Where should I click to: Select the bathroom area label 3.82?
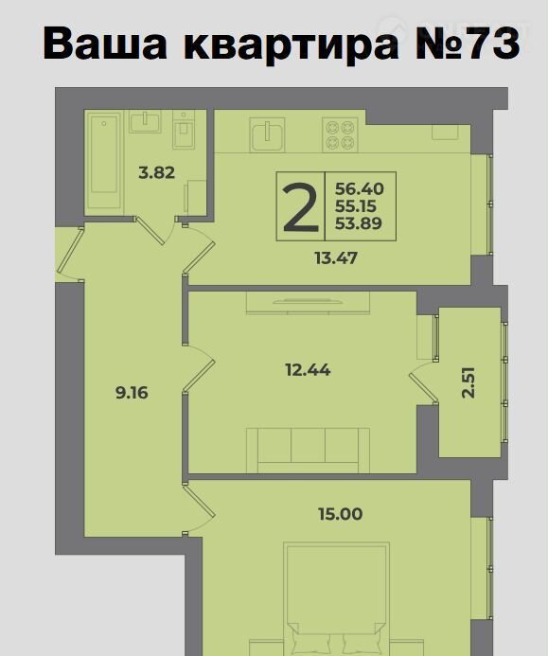(x=156, y=172)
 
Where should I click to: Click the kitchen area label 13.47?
(x=336, y=258)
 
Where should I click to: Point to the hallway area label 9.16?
(x=132, y=393)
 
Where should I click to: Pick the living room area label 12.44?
(x=308, y=370)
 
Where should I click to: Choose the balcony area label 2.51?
(x=468, y=382)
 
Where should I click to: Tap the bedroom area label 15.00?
(x=341, y=514)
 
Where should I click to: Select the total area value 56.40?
(x=360, y=189)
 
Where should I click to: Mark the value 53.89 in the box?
(x=359, y=223)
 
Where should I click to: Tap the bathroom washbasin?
(x=145, y=122)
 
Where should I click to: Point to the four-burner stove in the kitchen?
(x=340, y=133)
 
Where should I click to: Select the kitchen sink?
(x=267, y=133)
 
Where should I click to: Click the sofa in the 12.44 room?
(x=308, y=451)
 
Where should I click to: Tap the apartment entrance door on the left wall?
(x=70, y=254)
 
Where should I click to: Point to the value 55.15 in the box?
(x=356, y=206)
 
